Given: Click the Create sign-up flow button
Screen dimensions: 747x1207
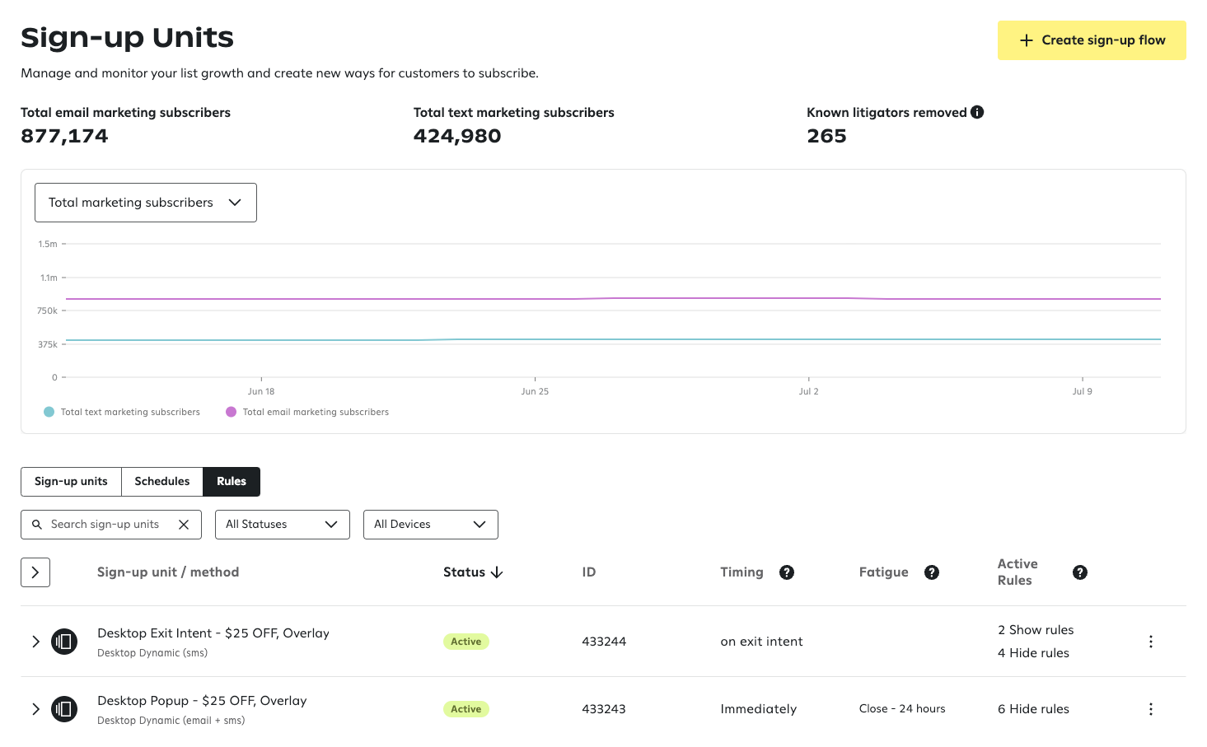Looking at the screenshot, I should point(1091,40).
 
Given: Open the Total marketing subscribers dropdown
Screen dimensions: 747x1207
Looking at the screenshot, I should point(146,203).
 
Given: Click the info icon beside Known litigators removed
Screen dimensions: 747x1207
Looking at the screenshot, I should point(977,113).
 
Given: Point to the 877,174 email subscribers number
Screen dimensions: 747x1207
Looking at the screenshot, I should point(64,137).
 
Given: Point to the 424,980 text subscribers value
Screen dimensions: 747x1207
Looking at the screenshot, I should point(457,137).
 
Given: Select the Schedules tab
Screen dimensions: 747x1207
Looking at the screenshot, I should point(161,482).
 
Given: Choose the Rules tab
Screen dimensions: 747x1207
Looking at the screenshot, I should point(232,482).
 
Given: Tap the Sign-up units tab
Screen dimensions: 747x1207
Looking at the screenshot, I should point(71,482).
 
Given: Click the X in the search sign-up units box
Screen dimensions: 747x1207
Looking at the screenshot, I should point(184,525).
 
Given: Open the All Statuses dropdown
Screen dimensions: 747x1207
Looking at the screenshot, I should point(282,525).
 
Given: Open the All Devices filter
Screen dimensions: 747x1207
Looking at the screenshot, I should point(430,525).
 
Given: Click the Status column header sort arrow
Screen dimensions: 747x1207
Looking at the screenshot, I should point(497,572).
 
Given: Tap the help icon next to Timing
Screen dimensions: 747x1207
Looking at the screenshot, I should point(787,572).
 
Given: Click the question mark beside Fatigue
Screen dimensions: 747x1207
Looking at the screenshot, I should point(932,572).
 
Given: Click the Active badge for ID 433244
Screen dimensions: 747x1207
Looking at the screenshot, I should point(465,642).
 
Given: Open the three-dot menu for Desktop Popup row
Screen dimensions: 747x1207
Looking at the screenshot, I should point(1150,709).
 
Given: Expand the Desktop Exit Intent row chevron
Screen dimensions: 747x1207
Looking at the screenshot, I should point(35,642).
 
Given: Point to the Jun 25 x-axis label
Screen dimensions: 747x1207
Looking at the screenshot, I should point(535,392).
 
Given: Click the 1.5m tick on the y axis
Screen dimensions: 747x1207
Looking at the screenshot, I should point(48,245).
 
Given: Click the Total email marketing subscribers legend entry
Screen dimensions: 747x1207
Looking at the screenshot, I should point(315,413).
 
